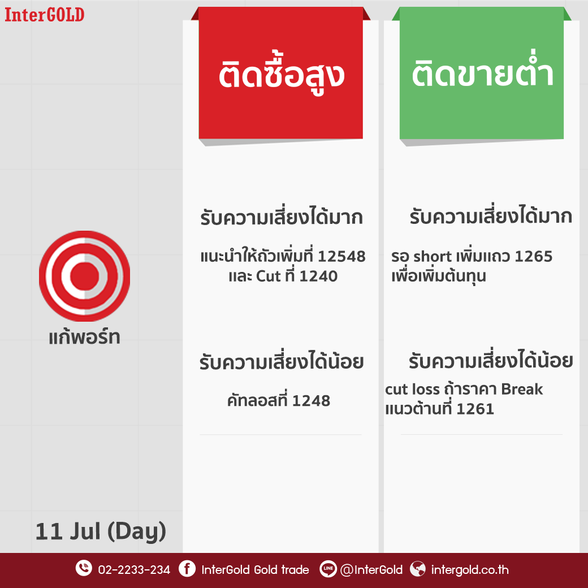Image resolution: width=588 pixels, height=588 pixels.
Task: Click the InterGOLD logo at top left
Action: tap(44, 15)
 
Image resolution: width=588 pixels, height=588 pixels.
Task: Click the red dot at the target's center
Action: tap(85, 276)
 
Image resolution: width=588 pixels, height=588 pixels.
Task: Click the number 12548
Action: tap(341, 257)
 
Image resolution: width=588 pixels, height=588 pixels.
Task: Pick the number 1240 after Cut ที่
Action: tap(319, 276)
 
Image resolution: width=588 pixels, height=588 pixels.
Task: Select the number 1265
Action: tap(534, 257)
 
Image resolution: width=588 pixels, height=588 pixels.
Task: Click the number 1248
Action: tap(311, 401)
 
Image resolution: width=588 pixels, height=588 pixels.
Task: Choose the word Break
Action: tap(522, 389)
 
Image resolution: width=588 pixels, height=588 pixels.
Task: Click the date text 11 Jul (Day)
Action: tap(101, 531)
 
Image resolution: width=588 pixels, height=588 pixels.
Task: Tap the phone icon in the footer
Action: tap(84, 568)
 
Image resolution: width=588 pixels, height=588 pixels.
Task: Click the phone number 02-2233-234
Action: tap(134, 570)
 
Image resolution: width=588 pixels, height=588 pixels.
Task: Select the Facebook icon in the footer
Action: tap(187, 569)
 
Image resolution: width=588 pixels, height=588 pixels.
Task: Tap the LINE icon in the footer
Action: tap(328, 569)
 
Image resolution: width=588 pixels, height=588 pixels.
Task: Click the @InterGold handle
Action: tap(371, 570)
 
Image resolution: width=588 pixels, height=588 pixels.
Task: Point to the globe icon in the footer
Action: tap(418, 569)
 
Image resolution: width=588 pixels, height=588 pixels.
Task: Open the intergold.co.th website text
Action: tap(470, 570)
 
